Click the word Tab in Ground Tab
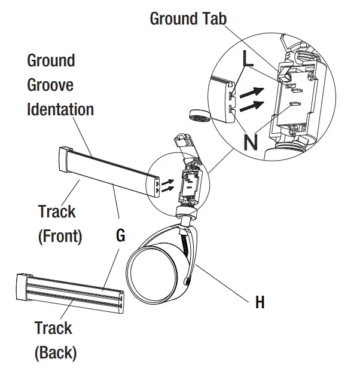tap(210, 19)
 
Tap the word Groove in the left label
tap(50, 85)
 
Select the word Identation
tap(60, 110)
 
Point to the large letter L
tap(248, 58)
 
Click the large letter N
tap(251, 142)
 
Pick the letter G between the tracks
tap(120, 236)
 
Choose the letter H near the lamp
tap(260, 303)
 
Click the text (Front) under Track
tap(60, 237)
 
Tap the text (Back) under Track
tap(55, 352)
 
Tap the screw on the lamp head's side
tap(188, 281)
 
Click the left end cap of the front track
tap(64, 161)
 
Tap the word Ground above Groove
tap(51, 60)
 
